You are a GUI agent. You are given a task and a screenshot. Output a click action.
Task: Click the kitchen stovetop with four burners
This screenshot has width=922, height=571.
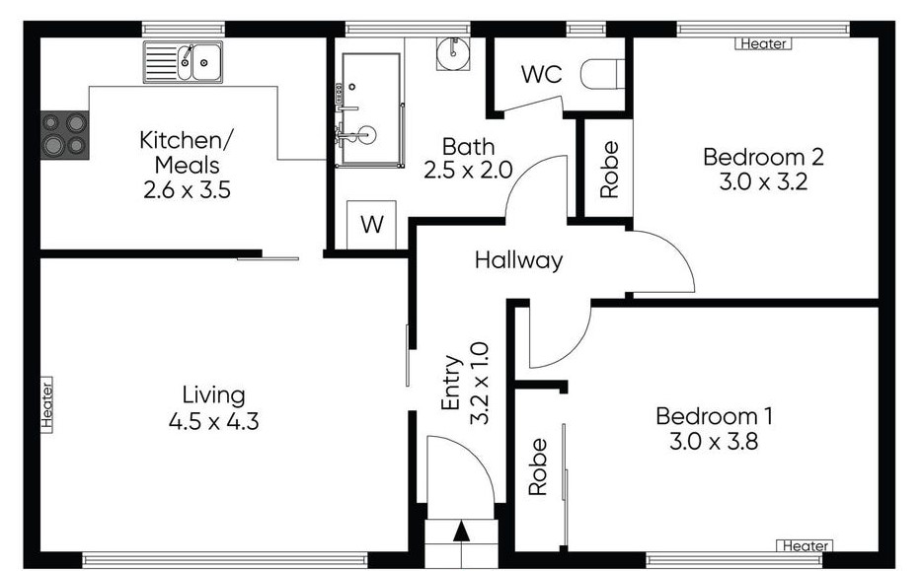pos(65,135)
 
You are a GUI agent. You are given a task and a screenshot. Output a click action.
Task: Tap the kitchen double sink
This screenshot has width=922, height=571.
pos(183,62)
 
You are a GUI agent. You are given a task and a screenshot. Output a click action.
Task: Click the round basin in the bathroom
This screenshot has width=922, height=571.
pos(453,53)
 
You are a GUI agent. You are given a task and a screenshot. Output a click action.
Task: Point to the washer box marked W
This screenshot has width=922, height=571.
pos(371,225)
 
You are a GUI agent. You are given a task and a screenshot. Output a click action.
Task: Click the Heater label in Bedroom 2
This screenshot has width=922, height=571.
pos(763,43)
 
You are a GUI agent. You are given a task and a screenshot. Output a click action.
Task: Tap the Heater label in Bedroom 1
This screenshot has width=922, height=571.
pos(805,545)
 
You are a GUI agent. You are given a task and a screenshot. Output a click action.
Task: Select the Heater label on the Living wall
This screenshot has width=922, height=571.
pos(47,404)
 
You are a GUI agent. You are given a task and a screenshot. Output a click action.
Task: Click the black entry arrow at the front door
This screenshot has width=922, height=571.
pos(462,531)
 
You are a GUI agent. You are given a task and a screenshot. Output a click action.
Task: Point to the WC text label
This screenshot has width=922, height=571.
pos(542,75)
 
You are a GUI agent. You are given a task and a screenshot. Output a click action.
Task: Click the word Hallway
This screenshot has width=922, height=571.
pos(518,260)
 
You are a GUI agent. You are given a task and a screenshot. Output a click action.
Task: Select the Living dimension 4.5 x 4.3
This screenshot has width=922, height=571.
pos(213,421)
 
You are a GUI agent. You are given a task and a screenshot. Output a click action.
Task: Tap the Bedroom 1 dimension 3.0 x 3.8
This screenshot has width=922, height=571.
pos(714,441)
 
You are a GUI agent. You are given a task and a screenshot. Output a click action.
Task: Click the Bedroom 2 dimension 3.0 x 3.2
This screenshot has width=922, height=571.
pos(763,181)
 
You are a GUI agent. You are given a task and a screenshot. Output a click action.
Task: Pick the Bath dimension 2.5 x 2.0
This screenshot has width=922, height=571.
pos(468,171)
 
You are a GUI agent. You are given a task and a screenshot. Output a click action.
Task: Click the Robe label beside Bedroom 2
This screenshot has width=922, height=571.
pos(609,170)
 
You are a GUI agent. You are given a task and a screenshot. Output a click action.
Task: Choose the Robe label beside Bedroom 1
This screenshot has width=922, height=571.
pos(537,467)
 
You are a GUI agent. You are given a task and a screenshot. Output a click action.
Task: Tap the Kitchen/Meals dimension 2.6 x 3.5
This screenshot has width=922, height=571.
pos(187,189)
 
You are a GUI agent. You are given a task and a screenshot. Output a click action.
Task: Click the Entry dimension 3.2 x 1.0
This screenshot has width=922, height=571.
pos(480,383)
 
